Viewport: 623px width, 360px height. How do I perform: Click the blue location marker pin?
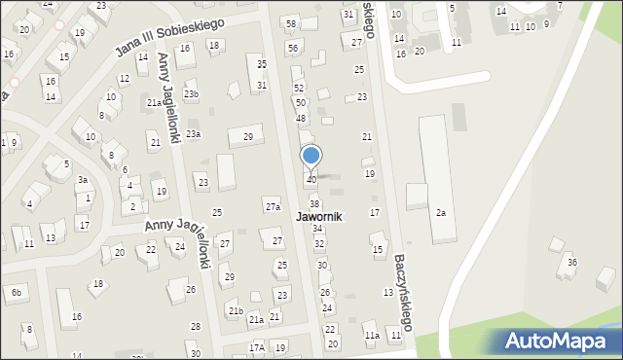[x=311, y=157]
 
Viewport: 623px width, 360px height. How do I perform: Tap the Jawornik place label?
[x=312, y=216]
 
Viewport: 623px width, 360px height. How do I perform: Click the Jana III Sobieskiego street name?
[x=169, y=37]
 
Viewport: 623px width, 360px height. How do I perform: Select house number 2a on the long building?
[x=441, y=212]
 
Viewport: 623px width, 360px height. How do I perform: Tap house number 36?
[x=572, y=263]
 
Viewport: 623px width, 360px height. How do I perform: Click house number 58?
[x=290, y=22]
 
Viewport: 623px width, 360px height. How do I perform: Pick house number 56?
[x=292, y=48]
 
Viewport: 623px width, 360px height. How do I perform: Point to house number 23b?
[x=191, y=94]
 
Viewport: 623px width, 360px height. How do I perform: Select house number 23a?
[x=193, y=134]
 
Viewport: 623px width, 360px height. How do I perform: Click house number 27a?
[x=273, y=206]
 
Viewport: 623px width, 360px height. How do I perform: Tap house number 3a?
[x=84, y=179]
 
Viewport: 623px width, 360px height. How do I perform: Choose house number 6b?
[x=16, y=292]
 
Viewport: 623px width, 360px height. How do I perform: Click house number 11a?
[x=372, y=336]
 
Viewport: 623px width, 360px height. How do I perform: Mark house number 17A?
[x=256, y=347]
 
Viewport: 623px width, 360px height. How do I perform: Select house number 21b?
[x=236, y=310]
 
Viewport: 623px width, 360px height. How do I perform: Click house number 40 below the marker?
[x=311, y=180]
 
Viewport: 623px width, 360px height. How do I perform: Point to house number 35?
[x=261, y=64]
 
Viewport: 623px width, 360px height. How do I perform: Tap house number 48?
[x=301, y=118]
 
